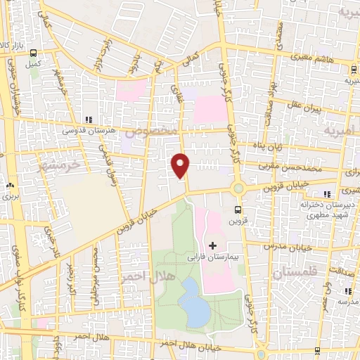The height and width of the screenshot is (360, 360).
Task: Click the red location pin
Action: pyautogui.click(x=181, y=165)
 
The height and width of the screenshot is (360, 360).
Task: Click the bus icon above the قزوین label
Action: pyautogui.click(x=238, y=209)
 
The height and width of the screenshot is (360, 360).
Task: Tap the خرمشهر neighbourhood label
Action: pyautogui.click(x=53, y=164)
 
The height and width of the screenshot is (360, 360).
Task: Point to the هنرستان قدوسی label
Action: pyautogui.click(x=84, y=131)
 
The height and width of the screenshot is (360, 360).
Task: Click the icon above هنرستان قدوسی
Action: pyautogui.click(x=89, y=120)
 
